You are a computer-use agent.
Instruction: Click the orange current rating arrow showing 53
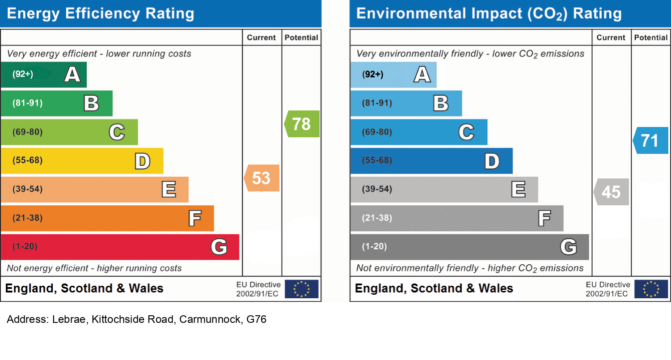click(262, 178)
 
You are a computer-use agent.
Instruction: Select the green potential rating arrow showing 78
click(302, 124)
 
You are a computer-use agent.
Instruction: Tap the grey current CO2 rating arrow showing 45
click(612, 192)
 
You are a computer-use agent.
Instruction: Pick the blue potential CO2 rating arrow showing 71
click(651, 140)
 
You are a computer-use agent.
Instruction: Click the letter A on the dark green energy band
click(72, 74)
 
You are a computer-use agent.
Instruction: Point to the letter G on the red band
click(219, 246)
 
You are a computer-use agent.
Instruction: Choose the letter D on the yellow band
click(143, 161)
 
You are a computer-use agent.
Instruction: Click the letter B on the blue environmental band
click(441, 103)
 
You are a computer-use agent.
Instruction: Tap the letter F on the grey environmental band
click(544, 218)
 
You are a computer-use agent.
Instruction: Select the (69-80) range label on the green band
click(27, 132)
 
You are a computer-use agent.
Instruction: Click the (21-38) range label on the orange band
click(27, 218)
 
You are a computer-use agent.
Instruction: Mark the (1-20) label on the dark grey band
click(374, 246)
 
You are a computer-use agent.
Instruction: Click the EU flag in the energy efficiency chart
click(301, 289)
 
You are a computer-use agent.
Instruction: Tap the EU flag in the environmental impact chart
click(651, 289)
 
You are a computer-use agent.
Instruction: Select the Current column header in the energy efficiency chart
click(262, 38)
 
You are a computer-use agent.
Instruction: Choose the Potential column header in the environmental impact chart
click(651, 38)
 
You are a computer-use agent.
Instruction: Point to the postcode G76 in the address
click(256, 320)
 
